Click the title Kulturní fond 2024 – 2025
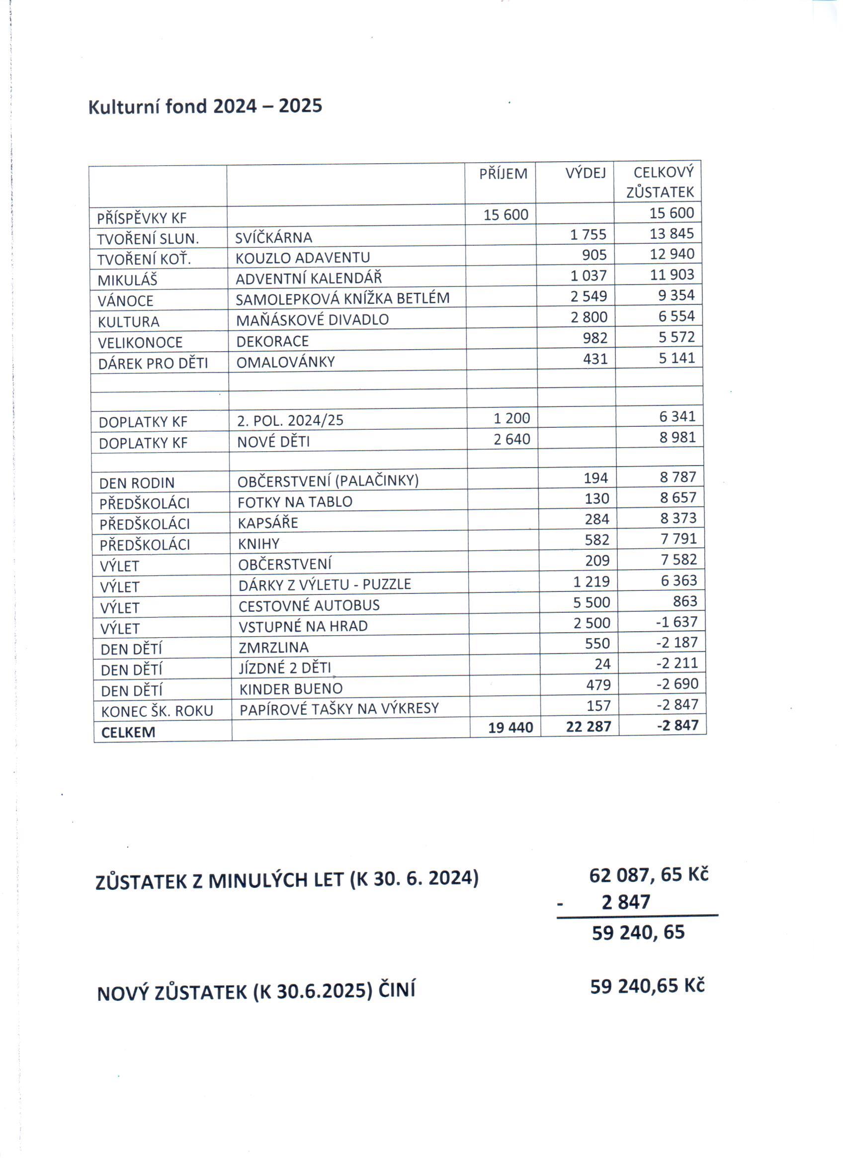[205, 106]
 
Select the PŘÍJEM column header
[503, 174]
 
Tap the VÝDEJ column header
[585, 173]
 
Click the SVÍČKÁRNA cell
[274, 238]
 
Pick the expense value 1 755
[588, 234]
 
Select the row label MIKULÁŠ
[128, 280]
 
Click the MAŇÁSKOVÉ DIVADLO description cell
[312, 320]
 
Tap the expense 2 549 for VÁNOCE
[589, 296]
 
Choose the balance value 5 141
[676, 358]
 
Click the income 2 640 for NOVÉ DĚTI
[511, 439]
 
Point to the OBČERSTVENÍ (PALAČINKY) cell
[328, 481]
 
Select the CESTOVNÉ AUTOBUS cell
[309, 605]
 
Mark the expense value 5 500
[591, 602]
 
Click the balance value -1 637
[676, 622]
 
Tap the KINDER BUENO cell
[291, 688]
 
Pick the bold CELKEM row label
[128, 732]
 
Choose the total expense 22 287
[589, 727]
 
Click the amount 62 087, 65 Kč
[648, 875]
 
